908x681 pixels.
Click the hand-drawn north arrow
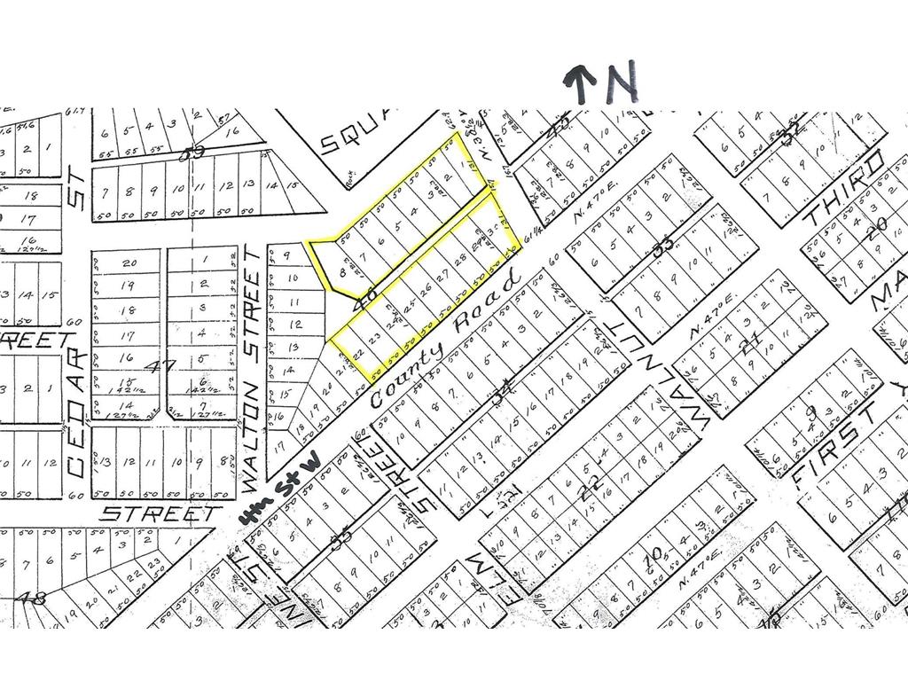click(x=581, y=85)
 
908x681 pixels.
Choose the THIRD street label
click(x=844, y=189)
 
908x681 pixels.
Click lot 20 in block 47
click(x=130, y=262)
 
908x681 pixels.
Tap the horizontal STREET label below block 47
click(x=160, y=513)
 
